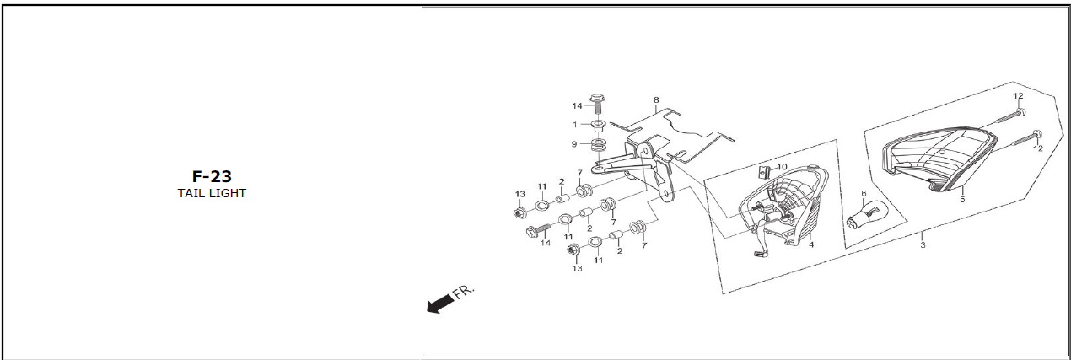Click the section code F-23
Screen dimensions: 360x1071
click(211, 176)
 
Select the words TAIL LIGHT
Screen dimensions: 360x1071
click(211, 193)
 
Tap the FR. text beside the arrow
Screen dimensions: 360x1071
click(464, 292)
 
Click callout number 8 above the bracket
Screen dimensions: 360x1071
click(655, 99)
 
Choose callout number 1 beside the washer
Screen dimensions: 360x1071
click(575, 125)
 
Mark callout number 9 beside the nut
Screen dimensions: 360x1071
click(574, 144)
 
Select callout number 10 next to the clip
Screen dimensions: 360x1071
click(782, 167)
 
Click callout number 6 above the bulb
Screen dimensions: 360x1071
click(864, 194)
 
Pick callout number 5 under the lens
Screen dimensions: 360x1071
click(962, 201)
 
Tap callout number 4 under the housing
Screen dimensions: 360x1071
click(810, 244)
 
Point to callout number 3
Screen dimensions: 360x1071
click(923, 245)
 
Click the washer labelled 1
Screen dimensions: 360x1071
click(598, 126)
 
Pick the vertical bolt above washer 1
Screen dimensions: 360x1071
click(598, 104)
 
